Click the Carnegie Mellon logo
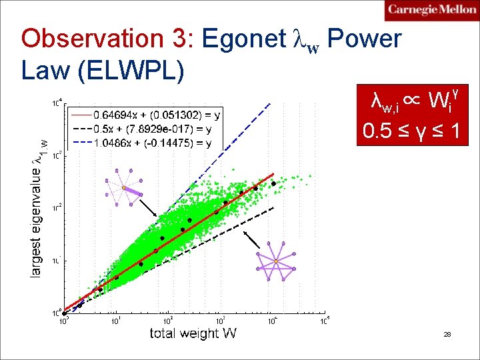point(431,10)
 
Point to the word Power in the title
point(365,40)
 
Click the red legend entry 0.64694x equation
point(157,115)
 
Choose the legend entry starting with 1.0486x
point(157,143)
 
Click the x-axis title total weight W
point(193,333)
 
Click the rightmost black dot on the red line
point(273,183)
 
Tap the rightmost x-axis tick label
point(325,322)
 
